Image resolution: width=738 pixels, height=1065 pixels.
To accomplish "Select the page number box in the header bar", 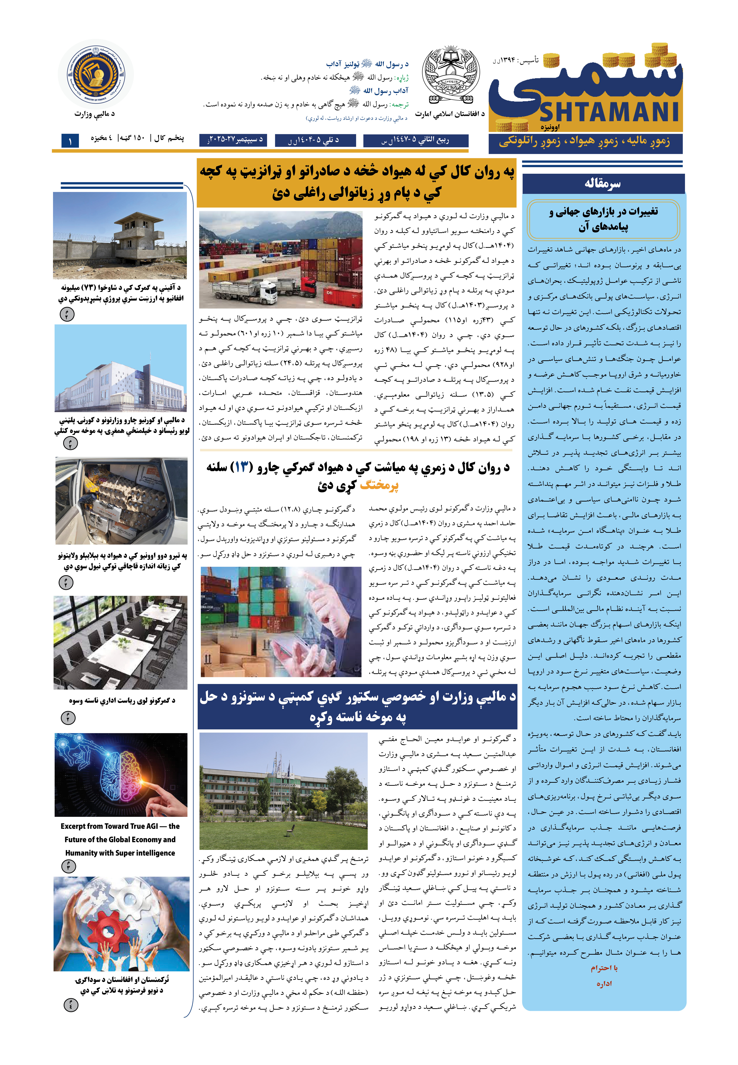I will click(x=70, y=141).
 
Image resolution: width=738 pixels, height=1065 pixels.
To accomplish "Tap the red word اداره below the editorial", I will click(x=604, y=984).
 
